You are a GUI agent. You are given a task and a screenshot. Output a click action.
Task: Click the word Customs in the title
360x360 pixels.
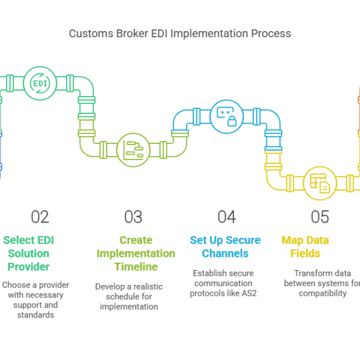[x=89, y=34]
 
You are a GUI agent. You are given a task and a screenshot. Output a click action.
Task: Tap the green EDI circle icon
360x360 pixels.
[x=40, y=83]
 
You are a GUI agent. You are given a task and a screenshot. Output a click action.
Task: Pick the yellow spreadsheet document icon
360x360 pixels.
[x=320, y=182]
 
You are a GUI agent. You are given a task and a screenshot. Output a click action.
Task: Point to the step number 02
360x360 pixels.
[x=40, y=217]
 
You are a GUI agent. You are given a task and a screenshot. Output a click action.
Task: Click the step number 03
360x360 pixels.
[x=133, y=217]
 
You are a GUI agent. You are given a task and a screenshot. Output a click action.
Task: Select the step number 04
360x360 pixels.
[x=226, y=217]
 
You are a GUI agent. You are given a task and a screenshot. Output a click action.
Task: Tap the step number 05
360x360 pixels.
[x=320, y=217]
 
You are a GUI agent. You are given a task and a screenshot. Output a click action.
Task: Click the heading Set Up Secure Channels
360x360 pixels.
[x=225, y=247]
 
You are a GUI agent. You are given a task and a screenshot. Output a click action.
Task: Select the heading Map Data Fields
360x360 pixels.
[x=305, y=247]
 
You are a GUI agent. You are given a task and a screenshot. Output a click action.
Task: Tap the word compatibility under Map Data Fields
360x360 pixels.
[x=322, y=293]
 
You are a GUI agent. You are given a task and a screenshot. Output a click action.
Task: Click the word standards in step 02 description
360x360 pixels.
[x=36, y=314]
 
